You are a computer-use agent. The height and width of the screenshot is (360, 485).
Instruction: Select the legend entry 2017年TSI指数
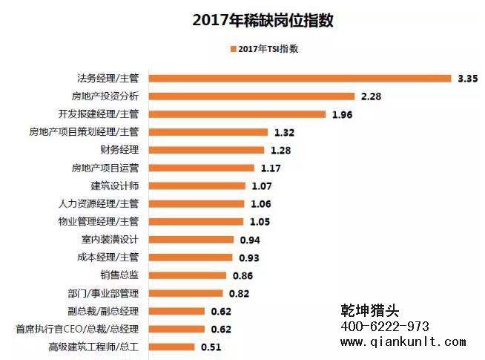(x=268, y=49)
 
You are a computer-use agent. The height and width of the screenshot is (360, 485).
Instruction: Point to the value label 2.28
(x=371, y=96)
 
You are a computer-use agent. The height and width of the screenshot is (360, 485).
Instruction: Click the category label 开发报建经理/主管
(x=98, y=114)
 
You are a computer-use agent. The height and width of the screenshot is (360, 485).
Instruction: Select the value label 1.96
(x=342, y=114)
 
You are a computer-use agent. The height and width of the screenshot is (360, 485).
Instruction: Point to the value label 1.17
(x=271, y=168)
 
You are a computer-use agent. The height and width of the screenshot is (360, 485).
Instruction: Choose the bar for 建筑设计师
(x=197, y=186)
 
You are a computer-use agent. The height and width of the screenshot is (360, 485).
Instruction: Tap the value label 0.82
(x=240, y=292)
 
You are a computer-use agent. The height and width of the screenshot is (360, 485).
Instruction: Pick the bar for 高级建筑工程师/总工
(x=172, y=347)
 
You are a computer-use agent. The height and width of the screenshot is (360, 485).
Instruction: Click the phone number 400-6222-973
(x=385, y=327)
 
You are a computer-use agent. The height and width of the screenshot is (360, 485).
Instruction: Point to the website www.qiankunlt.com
(x=403, y=342)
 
